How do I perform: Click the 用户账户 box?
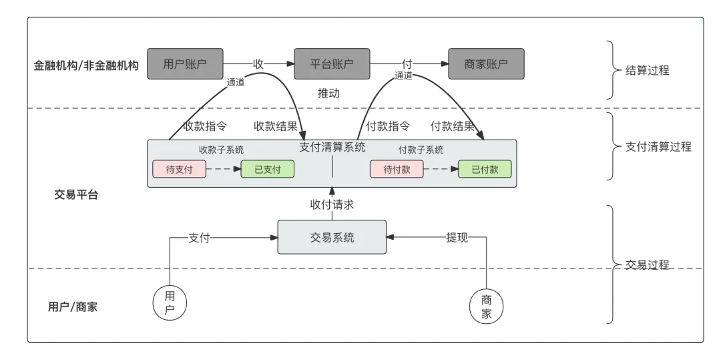pyautogui.click(x=185, y=64)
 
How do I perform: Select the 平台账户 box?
pyautogui.click(x=332, y=64)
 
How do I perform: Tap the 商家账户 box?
pyautogui.click(x=486, y=64)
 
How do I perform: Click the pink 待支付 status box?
pyautogui.click(x=180, y=169)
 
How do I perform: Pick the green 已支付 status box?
pyautogui.click(x=267, y=169)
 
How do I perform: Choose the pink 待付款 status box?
pyautogui.click(x=397, y=169)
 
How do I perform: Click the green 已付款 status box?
pyautogui.click(x=485, y=169)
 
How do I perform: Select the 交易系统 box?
pyautogui.click(x=332, y=237)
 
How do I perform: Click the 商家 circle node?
pyautogui.click(x=486, y=307)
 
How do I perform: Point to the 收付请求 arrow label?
pyautogui.click(x=332, y=204)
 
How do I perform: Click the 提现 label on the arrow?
pyautogui.click(x=457, y=237)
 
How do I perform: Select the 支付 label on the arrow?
pyautogui.click(x=199, y=237)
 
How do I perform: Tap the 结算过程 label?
pyautogui.click(x=647, y=70)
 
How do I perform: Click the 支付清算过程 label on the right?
pyautogui.click(x=658, y=147)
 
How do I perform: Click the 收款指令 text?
pyautogui.click(x=204, y=126)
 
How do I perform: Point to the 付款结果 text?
pyautogui.click(x=452, y=126)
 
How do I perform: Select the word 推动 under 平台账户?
pyautogui.click(x=328, y=94)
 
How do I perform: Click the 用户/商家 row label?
pyautogui.click(x=73, y=307)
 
